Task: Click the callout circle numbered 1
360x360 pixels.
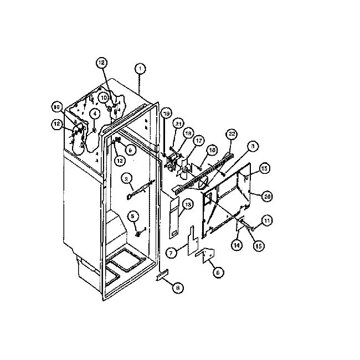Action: tap(140, 69)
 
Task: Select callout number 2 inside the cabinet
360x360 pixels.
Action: tap(127, 178)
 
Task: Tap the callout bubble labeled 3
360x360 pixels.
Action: tap(253, 146)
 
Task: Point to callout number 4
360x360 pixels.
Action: tap(95, 114)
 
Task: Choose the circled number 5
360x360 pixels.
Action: tap(133, 216)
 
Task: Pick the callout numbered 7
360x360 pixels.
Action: tap(172, 253)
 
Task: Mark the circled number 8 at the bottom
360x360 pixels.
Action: tap(178, 287)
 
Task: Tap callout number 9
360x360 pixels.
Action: tap(131, 150)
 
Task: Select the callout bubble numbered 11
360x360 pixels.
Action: tap(268, 221)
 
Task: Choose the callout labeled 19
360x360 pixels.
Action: tap(166, 113)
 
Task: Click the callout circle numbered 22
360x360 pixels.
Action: tap(232, 134)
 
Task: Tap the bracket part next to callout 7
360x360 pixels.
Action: tap(192, 238)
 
